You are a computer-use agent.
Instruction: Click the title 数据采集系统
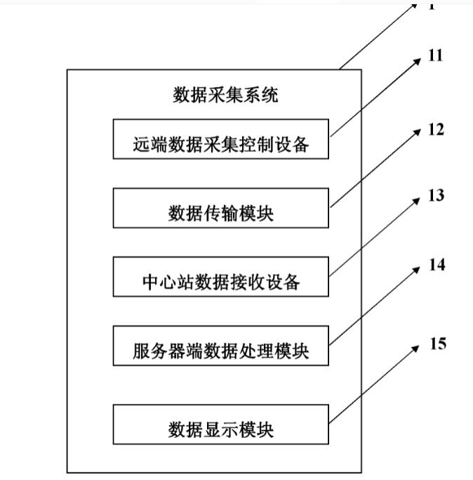[x=225, y=95]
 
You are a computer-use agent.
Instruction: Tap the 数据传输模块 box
[x=220, y=208]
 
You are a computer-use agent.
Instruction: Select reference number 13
[x=436, y=195]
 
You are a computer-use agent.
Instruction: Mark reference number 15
[x=437, y=344]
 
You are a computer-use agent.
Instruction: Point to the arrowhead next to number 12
[x=419, y=132]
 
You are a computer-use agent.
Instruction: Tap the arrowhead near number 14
[x=419, y=269]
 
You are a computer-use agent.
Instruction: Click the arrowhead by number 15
[x=419, y=346]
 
